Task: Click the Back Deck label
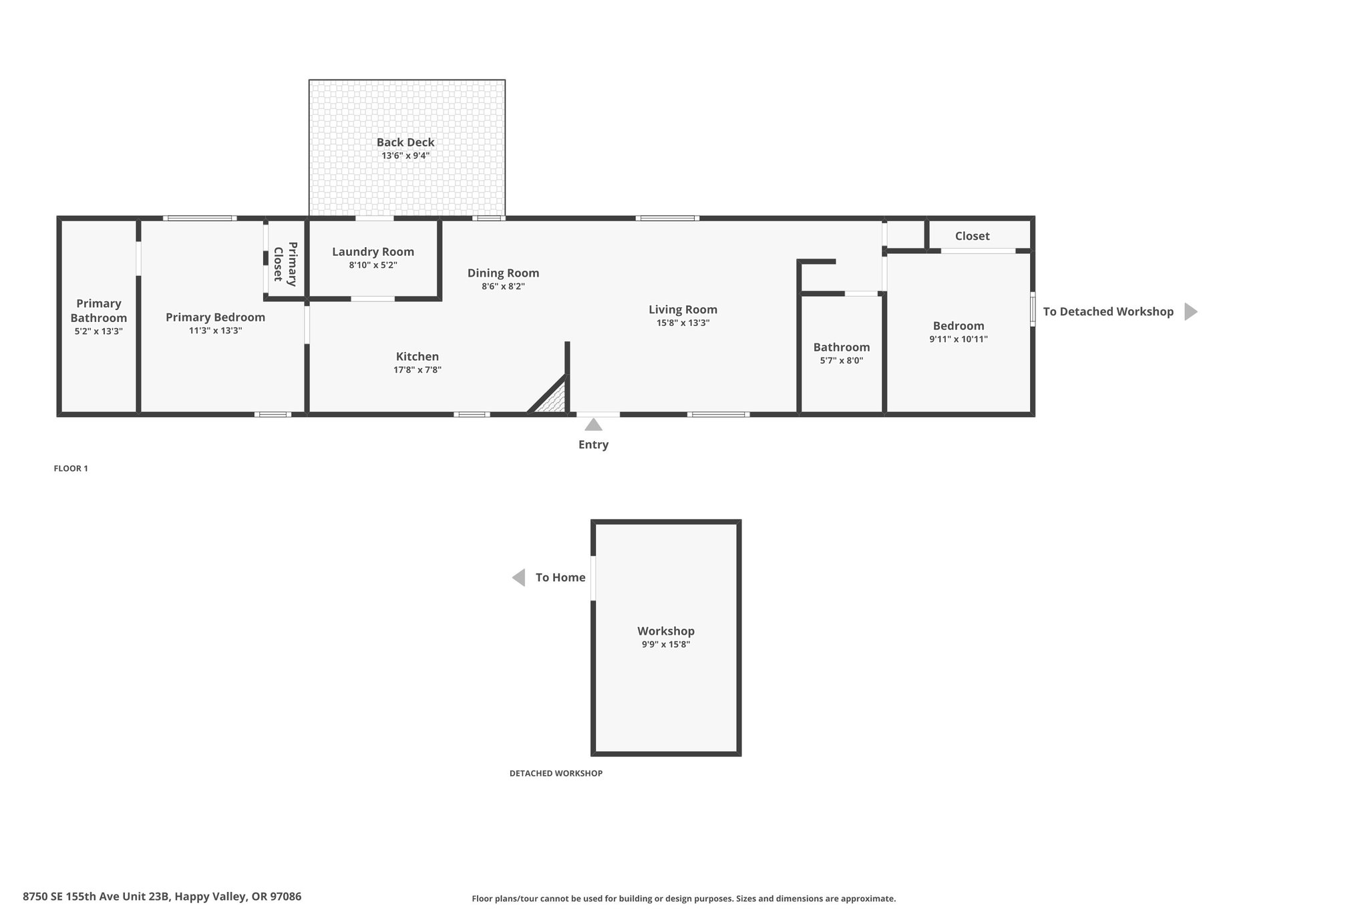pos(405,142)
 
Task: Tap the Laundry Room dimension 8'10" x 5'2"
pos(373,265)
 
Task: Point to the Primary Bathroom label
pos(99,311)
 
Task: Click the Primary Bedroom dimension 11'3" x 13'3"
pos(215,331)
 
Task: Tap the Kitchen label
pos(417,357)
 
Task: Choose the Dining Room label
pos(503,273)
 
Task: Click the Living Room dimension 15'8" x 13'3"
pos(683,323)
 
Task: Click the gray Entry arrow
pos(593,425)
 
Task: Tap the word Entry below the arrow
pos(593,445)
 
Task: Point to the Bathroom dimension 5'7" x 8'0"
pos(842,361)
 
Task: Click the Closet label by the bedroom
pos(972,236)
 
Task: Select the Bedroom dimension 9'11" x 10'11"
pos(959,339)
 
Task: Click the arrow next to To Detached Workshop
pos(1191,311)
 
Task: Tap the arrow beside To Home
pos(518,577)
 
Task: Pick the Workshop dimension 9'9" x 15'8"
pos(666,645)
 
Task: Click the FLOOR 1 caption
pos(71,468)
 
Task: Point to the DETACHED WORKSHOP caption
pos(556,773)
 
